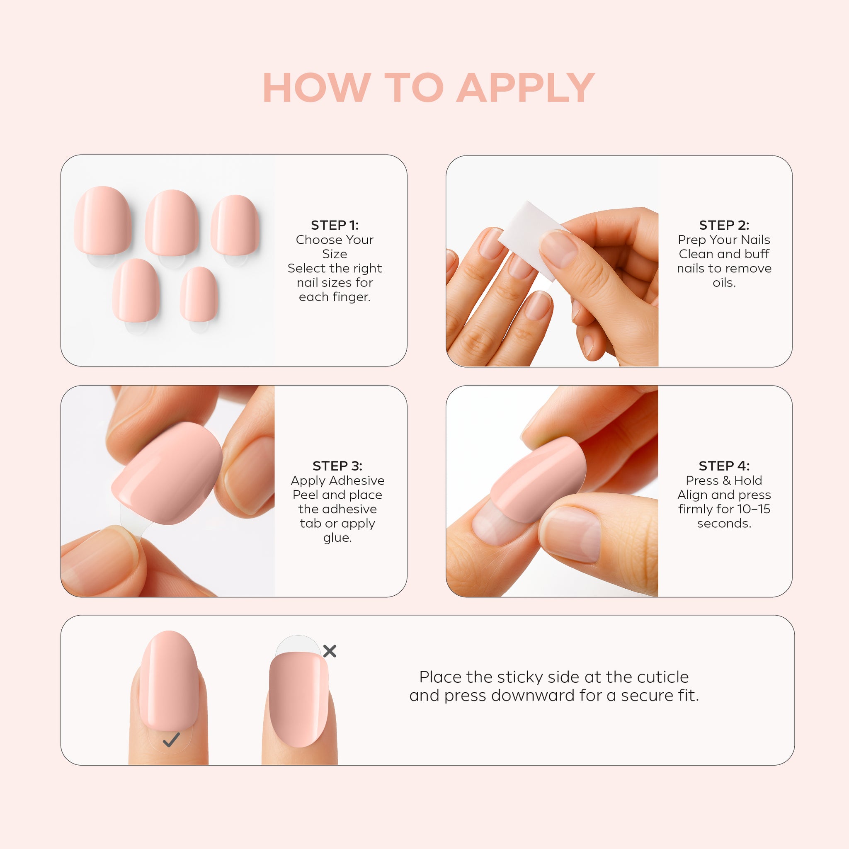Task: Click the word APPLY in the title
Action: [x=526, y=88]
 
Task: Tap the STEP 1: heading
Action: [x=335, y=226]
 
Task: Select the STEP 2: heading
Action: [x=724, y=226]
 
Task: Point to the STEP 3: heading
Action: [x=337, y=466]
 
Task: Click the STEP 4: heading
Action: [x=724, y=466]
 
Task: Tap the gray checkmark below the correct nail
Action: [x=171, y=740]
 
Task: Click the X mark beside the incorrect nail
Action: [x=330, y=651]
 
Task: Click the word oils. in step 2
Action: [x=724, y=283]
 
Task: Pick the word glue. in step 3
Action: [x=337, y=538]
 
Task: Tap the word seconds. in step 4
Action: [x=724, y=524]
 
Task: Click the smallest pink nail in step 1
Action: [x=199, y=294]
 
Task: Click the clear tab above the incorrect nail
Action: [x=298, y=645]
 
